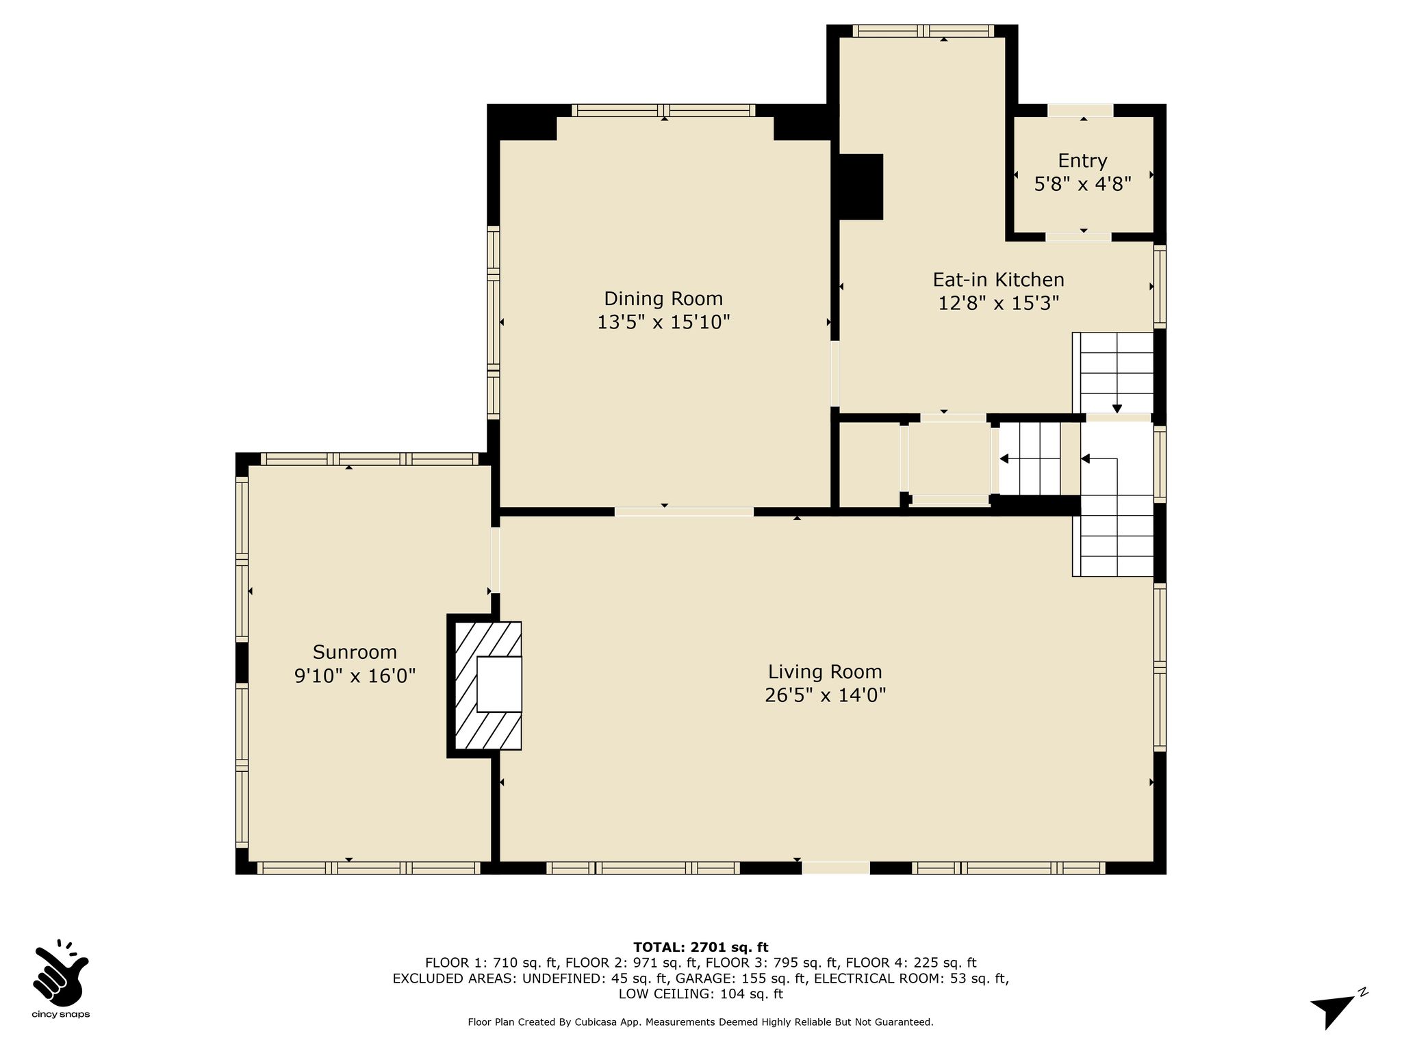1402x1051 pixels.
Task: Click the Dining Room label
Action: pos(663,299)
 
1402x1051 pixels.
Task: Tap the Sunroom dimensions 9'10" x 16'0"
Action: pos(355,676)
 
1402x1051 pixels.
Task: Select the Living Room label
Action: pos(825,672)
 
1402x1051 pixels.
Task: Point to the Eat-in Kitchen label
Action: pos(998,280)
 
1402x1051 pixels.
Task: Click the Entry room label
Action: pos(1082,161)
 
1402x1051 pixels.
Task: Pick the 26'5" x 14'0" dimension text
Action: pos(825,695)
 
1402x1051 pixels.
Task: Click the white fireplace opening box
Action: pos(499,684)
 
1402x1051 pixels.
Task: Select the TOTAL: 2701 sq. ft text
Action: pos(700,948)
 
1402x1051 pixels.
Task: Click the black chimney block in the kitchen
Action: pos(861,187)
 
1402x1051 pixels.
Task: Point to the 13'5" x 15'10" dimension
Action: pos(663,322)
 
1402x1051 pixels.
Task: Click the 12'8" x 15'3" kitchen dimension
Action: pos(998,303)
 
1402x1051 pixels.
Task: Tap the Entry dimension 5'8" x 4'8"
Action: pos(1082,184)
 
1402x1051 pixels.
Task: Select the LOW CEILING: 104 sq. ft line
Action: pos(700,994)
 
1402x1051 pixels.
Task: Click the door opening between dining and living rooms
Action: pos(684,511)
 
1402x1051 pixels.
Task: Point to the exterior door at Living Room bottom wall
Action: pos(835,868)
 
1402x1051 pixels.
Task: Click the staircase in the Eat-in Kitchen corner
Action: pos(1113,373)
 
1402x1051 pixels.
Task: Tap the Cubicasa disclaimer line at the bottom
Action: pos(700,1022)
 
